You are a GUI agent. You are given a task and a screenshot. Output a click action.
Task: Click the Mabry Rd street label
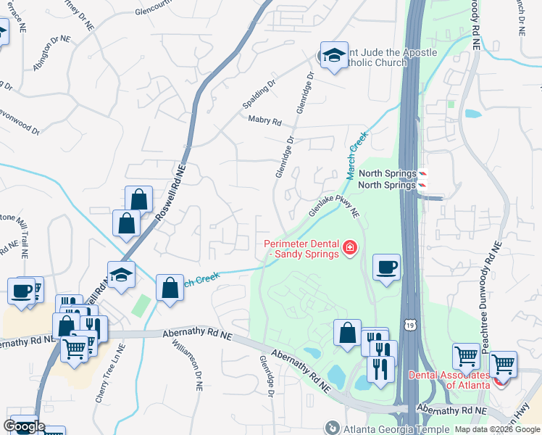264,121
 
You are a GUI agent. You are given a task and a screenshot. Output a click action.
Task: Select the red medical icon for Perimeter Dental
350,249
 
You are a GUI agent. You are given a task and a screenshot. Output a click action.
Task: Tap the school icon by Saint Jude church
334,56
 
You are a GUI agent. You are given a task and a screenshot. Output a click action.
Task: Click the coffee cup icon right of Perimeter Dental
386,268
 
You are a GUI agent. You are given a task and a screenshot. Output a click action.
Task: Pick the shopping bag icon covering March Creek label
170,288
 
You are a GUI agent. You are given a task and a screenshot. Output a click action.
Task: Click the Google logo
24,426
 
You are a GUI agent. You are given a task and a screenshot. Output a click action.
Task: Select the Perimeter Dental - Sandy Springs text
301,249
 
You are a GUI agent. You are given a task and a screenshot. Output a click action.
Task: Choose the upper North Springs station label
387,174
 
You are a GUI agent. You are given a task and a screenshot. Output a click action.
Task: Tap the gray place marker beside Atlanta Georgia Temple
332,428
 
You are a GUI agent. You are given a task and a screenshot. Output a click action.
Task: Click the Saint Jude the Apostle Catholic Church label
384,57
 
